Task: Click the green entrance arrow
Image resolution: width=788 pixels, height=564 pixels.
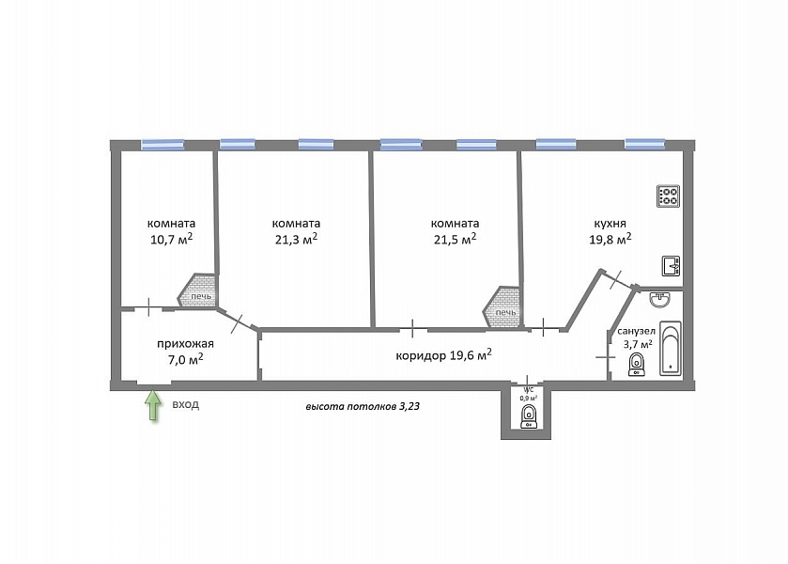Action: pos(153,405)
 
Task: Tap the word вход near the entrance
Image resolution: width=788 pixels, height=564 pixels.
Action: pos(185,404)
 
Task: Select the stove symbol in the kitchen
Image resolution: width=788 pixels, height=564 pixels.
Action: pos(669,196)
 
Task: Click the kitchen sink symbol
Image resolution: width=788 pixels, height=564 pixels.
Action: pos(671,266)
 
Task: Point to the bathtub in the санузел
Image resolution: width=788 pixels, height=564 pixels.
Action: pos(670,349)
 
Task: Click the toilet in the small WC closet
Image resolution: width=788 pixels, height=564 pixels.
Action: pos(528,417)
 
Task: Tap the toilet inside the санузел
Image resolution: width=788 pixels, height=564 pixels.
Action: pos(636,365)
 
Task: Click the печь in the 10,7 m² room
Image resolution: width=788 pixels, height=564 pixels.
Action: pos(198,290)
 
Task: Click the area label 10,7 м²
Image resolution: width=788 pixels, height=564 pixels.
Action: pos(171,239)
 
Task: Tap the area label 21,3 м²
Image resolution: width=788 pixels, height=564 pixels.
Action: pos(296,239)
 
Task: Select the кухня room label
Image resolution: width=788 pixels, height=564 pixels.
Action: pos(610,224)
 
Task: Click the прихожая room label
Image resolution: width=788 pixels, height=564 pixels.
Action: pos(185,344)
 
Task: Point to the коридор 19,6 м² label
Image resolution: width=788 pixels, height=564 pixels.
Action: pos(443,354)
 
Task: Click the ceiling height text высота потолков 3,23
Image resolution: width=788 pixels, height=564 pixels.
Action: pos(363,406)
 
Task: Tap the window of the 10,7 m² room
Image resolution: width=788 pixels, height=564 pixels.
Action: pos(162,145)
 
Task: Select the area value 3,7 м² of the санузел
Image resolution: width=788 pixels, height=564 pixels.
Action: pos(638,344)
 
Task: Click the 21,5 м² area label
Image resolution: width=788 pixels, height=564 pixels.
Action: pos(455,239)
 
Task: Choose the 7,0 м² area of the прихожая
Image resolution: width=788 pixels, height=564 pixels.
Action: pos(185,359)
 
